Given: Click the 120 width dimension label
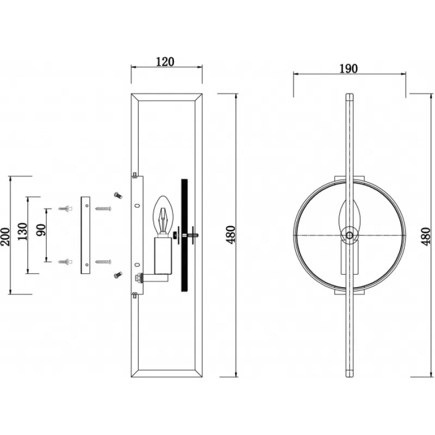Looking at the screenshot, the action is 165,61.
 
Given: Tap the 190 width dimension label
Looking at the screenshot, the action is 349,69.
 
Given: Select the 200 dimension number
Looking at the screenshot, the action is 5,237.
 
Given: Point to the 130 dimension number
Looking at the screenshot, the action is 23,232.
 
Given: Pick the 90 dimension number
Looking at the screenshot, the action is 41,230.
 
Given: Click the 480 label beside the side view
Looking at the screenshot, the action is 231,235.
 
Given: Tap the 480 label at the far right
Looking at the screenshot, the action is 427,237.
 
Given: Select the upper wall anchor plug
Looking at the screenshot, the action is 65,208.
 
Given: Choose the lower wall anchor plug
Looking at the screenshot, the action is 65,262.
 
